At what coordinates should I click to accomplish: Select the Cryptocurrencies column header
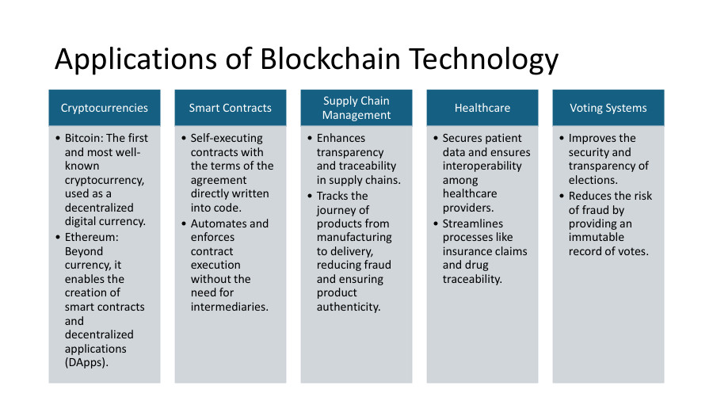point(105,108)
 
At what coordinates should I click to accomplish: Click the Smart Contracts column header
point(231,108)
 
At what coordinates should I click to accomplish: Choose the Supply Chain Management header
point(356,108)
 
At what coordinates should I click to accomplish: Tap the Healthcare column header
point(482,108)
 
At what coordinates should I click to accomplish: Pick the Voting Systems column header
point(608,108)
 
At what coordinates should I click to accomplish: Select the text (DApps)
point(86,362)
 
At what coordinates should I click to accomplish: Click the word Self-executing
point(227,138)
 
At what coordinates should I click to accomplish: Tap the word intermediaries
point(230,307)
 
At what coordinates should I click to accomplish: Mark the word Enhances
point(341,138)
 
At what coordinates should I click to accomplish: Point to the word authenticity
point(349,307)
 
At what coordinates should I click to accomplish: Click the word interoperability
point(482,166)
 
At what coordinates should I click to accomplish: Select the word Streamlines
point(474,223)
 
